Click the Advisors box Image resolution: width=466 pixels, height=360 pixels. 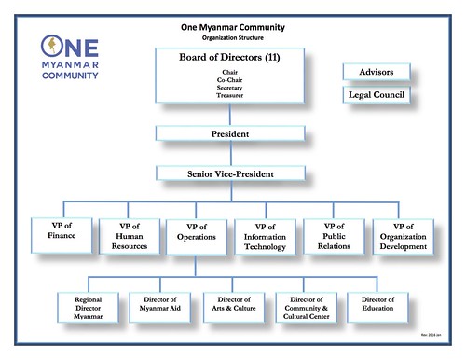(376, 72)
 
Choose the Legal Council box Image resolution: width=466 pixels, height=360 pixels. (376, 95)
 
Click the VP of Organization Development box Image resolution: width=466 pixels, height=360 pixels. (404, 239)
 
